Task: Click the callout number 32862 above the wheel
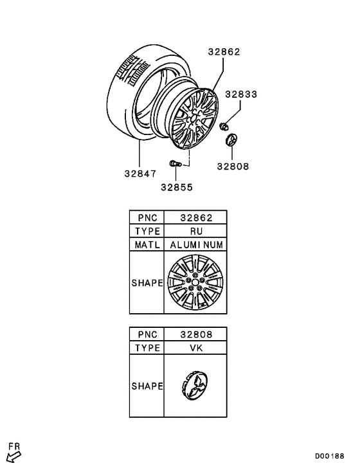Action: click(x=224, y=52)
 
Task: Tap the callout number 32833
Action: click(x=241, y=95)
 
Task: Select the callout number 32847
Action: click(x=140, y=174)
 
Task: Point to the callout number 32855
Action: click(x=177, y=187)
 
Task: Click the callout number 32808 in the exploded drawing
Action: click(x=233, y=167)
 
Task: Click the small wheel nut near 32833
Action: click(x=223, y=127)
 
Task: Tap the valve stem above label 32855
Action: click(x=175, y=164)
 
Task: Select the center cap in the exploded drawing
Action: click(x=231, y=140)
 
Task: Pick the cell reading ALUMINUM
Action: click(x=196, y=245)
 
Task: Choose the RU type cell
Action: click(x=196, y=231)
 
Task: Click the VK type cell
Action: click(x=196, y=348)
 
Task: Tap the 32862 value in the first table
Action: click(x=196, y=217)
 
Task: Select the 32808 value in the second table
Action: click(x=196, y=334)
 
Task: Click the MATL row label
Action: click(x=147, y=245)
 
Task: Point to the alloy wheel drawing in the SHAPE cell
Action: click(x=195, y=282)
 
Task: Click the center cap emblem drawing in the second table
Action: click(x=195, y=385)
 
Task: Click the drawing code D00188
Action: click(x=329, y=456)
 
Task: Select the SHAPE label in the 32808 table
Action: click(x=147, y=386)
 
